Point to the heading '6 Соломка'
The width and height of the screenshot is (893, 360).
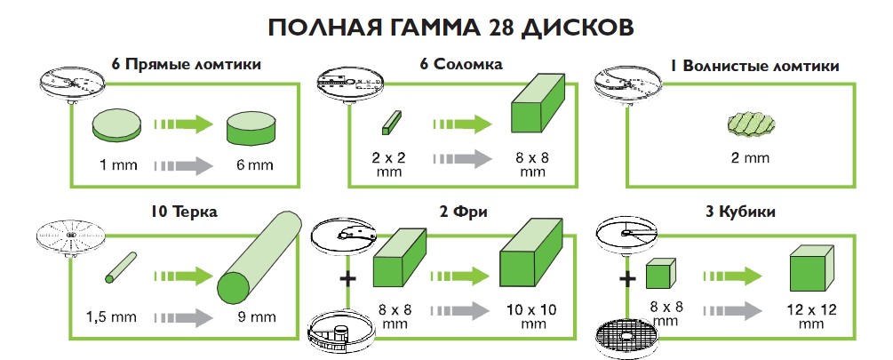[462, 64]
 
